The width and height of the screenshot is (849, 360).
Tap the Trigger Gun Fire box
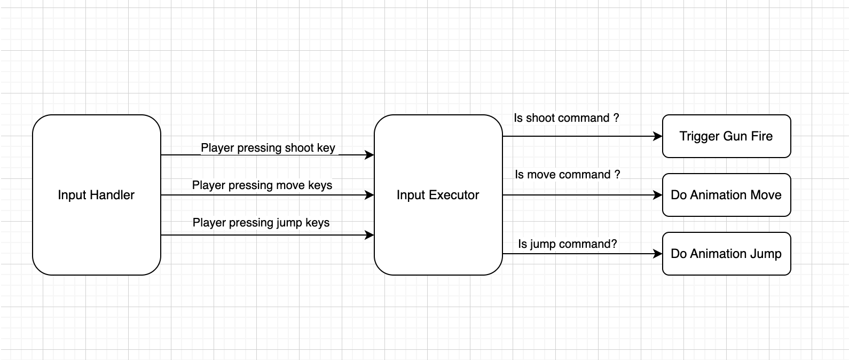726,136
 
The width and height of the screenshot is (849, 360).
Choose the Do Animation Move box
726,195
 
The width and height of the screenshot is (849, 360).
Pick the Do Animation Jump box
726,254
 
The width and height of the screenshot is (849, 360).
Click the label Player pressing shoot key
268,148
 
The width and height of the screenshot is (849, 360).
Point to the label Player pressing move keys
262,185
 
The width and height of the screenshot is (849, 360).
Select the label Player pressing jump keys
261,223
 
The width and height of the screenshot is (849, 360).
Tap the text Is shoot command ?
566,118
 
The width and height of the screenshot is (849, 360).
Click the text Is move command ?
567,175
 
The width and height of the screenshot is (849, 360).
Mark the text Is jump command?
567,244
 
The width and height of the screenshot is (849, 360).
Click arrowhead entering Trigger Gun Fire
658,136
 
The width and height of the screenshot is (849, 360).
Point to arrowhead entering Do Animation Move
658,195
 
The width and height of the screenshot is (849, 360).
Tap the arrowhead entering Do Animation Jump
658,254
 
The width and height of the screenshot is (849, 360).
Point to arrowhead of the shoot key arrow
370,155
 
